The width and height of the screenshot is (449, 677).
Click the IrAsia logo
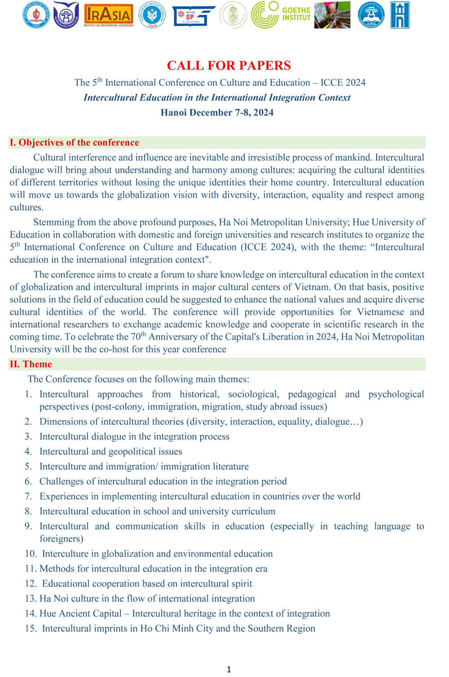[109, 15]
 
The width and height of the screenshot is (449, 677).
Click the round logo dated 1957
[36, 15]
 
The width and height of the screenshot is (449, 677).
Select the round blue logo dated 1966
[152, 15]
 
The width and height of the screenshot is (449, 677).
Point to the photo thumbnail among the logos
[332, 15]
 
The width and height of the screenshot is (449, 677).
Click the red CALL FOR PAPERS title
[229, 66]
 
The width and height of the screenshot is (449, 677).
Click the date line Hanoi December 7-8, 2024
[217, 112]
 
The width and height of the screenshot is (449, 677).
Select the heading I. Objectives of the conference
[75, 142]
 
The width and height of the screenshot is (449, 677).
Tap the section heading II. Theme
[31, 364]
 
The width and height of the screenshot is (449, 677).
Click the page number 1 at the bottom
[229, 669]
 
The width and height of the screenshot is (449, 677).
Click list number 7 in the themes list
[28, 496]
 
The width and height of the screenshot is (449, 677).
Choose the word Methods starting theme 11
[57, 568]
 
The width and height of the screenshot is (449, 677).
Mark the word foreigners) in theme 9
[61, 538]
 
